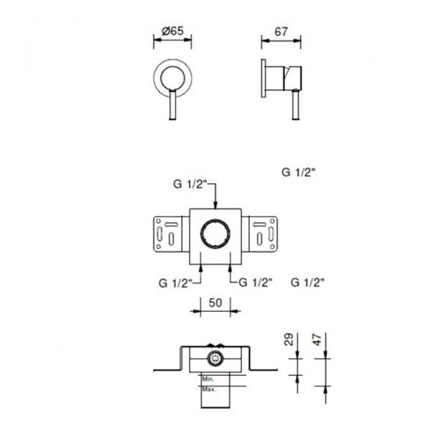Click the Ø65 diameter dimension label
(172, 30)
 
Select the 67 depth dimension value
(281, 32)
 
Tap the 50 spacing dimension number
(215, 302)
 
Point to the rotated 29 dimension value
(289, 339)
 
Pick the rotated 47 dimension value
(317, 339)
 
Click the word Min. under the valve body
(208, 379)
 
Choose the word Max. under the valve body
(209, 389)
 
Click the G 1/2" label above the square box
(190, 184)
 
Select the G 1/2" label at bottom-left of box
(175, 283)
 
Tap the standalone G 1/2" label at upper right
(298, 172)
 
